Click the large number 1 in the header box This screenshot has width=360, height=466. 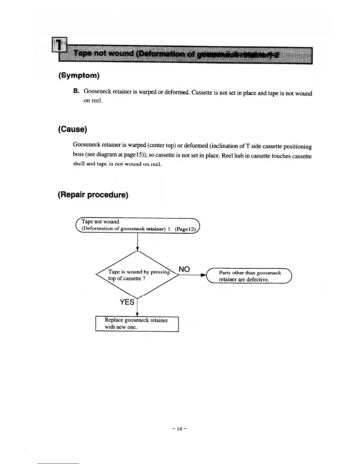tap(59, 45)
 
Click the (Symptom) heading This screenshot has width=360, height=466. tap(79, 76)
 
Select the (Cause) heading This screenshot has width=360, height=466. tap(72, 129)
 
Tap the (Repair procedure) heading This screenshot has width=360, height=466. tap(93, 195)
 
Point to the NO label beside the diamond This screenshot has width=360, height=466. tap(184, 269)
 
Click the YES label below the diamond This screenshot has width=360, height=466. tap(127, 302)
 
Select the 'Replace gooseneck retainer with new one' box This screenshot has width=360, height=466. tap(137, 324)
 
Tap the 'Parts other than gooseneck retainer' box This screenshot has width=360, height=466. tap(250, 276)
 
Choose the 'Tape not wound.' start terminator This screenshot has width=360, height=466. tap(138, 225)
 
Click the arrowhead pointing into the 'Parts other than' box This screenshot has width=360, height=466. tap(203, 276)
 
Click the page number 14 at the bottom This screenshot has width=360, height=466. tap(179, 429)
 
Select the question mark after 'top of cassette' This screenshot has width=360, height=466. tap(144, 279)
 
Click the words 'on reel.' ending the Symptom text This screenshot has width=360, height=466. tap(93, 101)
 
